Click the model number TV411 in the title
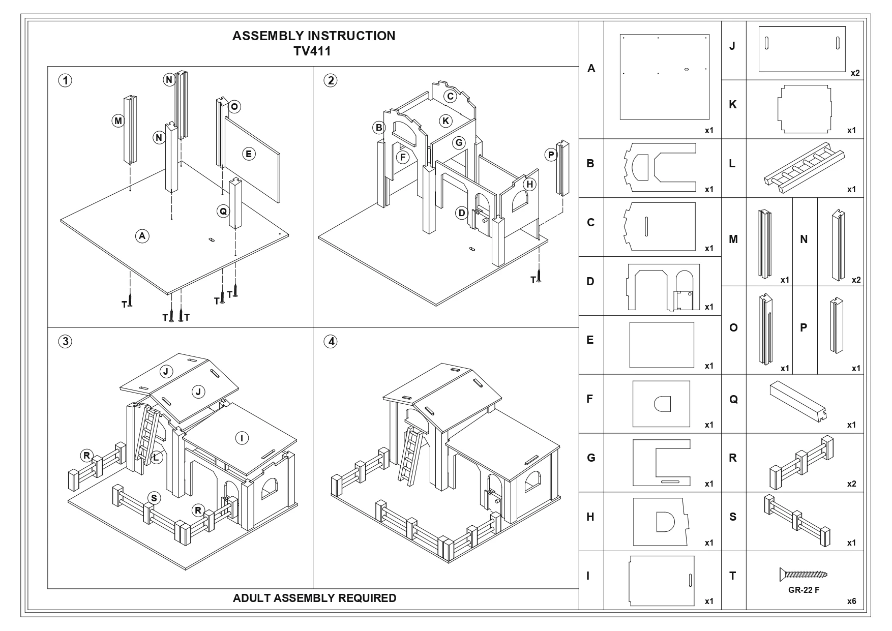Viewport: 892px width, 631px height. pyautogui.click(x=313, y=51)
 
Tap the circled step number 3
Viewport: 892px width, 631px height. pyautogui.click(x=65, y=342)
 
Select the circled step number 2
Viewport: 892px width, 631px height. pyautogui.click(x=331, y=80)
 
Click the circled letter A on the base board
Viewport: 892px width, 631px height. pyautogui.click(x=142, y=235)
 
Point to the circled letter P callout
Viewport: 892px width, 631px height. pyautogui.click(x=551, y=155)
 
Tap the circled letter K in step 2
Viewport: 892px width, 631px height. pyautogui.click(x=445, y=121)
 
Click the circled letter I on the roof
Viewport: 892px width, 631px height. pyautogui.click(x=242, y=438)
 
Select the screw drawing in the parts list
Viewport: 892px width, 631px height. pyautogui.click(x=803, y=575)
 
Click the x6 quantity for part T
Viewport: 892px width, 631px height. pyautogui.click(x=851, y=602)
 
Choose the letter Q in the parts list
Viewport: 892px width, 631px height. pyautogui.click(x=733, y=400)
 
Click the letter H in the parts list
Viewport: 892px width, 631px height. pyautogui.click(x=590, y=517)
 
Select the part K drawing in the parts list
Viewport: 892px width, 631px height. pyautogui.click(x=804, y=109)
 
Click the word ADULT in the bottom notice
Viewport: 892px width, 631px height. pyautogui.click(x=251, y=598)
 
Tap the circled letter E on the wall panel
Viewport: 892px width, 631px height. pyautogui.click(x=249, y=154)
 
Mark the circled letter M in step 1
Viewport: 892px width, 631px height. pyautogui.click(x=118, y=121)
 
